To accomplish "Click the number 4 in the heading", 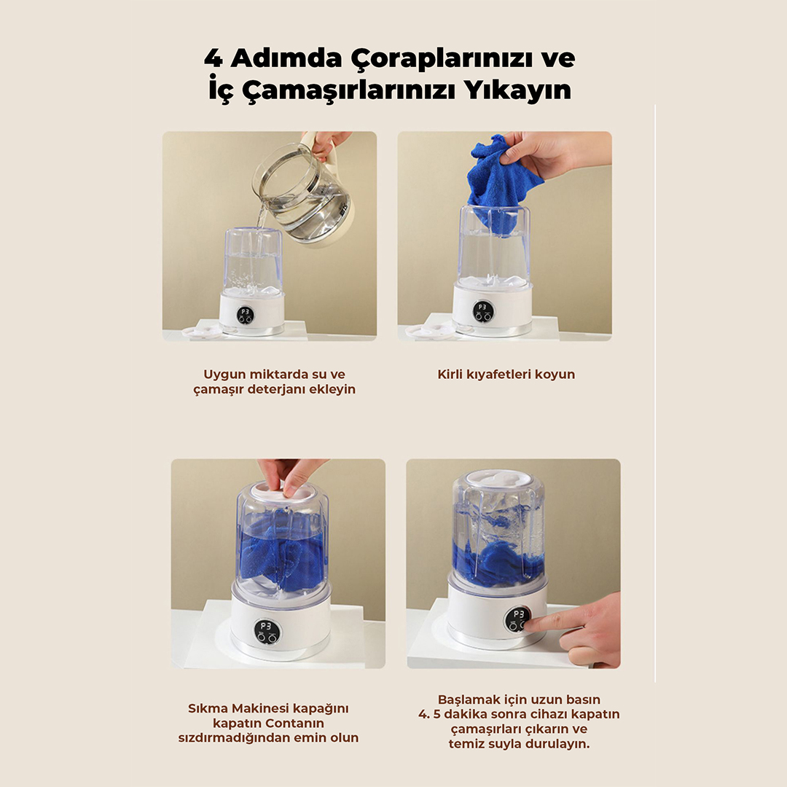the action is click(x=213, y=58).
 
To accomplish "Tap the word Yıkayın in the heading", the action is click(x=517, y=91).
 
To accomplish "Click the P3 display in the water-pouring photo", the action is click(x=246, y=312).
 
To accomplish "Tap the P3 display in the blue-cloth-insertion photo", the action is click(x=482, y=308).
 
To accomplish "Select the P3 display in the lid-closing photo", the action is click(x=265, y=627).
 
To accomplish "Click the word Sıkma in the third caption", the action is click(x=205, y=708).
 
